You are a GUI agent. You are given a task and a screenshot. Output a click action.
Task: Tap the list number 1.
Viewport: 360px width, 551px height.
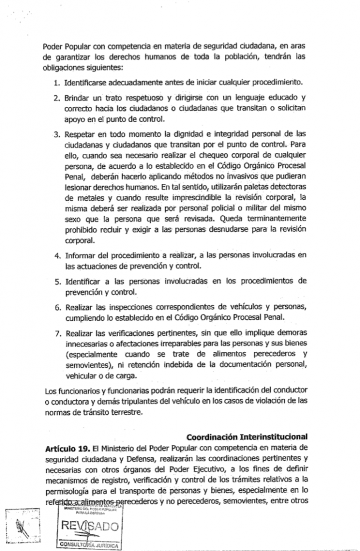(57, 83)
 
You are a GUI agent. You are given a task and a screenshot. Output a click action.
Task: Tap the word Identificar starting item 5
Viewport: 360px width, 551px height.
(84, 281)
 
